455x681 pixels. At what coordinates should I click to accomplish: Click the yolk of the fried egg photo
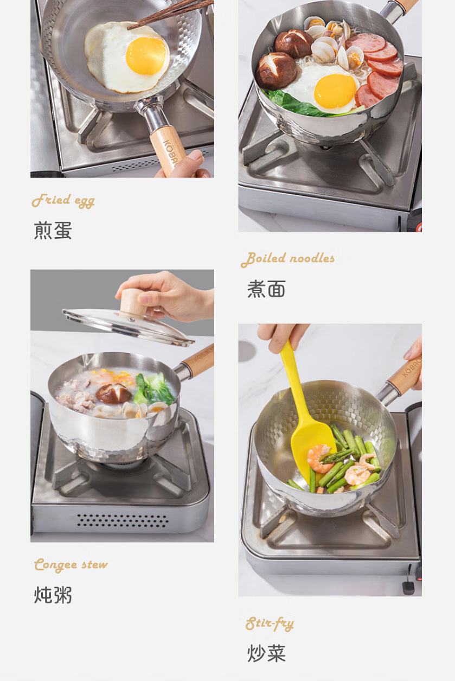[x=146, y=56]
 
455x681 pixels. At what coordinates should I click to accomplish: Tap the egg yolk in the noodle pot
[x=335, y=92]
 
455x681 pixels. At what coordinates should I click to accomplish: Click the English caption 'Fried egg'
[x=63, y=201]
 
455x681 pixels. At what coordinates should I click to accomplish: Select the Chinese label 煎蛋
[x=53, y=231]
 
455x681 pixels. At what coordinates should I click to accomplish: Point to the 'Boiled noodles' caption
[x=288, y=259]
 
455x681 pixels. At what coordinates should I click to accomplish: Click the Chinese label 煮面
[x=266, y=289]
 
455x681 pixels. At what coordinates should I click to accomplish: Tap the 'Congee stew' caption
[x=71, y=565]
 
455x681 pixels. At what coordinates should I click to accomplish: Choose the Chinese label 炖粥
[x=53, y=595]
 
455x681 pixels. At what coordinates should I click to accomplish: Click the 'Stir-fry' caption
[x=270, y=623]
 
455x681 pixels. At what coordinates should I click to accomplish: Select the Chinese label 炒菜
[x=266, y=653]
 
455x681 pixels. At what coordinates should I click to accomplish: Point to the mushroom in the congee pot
[x=113, y=394]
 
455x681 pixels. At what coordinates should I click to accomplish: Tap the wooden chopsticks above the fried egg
[x=170, y=14]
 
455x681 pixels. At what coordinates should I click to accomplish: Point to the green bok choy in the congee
[x=155, y=389]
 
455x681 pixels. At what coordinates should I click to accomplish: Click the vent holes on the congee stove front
[x=123, y=520]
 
